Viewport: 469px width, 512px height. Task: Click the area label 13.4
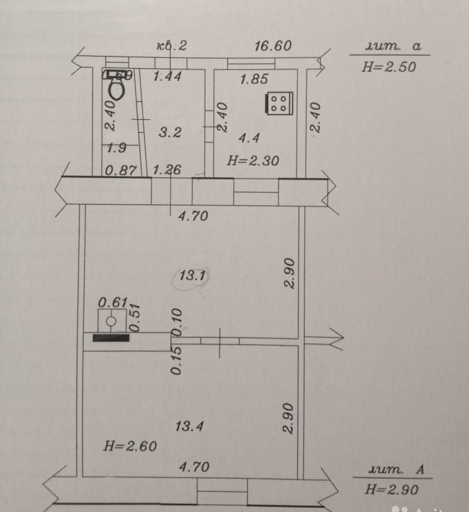click(189, 426)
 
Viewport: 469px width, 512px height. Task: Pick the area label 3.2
click(170, 133)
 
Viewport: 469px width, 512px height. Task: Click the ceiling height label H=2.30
click(253, 160)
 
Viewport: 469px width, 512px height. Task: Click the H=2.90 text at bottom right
click(392, 490)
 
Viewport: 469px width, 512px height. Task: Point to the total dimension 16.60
click(272, 46)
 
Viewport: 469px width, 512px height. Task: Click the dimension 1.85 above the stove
click(254, 79)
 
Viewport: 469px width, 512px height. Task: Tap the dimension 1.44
click(167, 76)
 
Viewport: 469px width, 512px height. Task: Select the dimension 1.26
click(166, 170)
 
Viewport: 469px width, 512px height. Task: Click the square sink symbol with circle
click(111, 320)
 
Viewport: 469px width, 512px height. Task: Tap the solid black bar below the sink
click(111, 338)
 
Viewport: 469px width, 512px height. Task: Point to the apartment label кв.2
click(171, 46)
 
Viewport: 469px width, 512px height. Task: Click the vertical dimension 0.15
click(176, 361)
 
